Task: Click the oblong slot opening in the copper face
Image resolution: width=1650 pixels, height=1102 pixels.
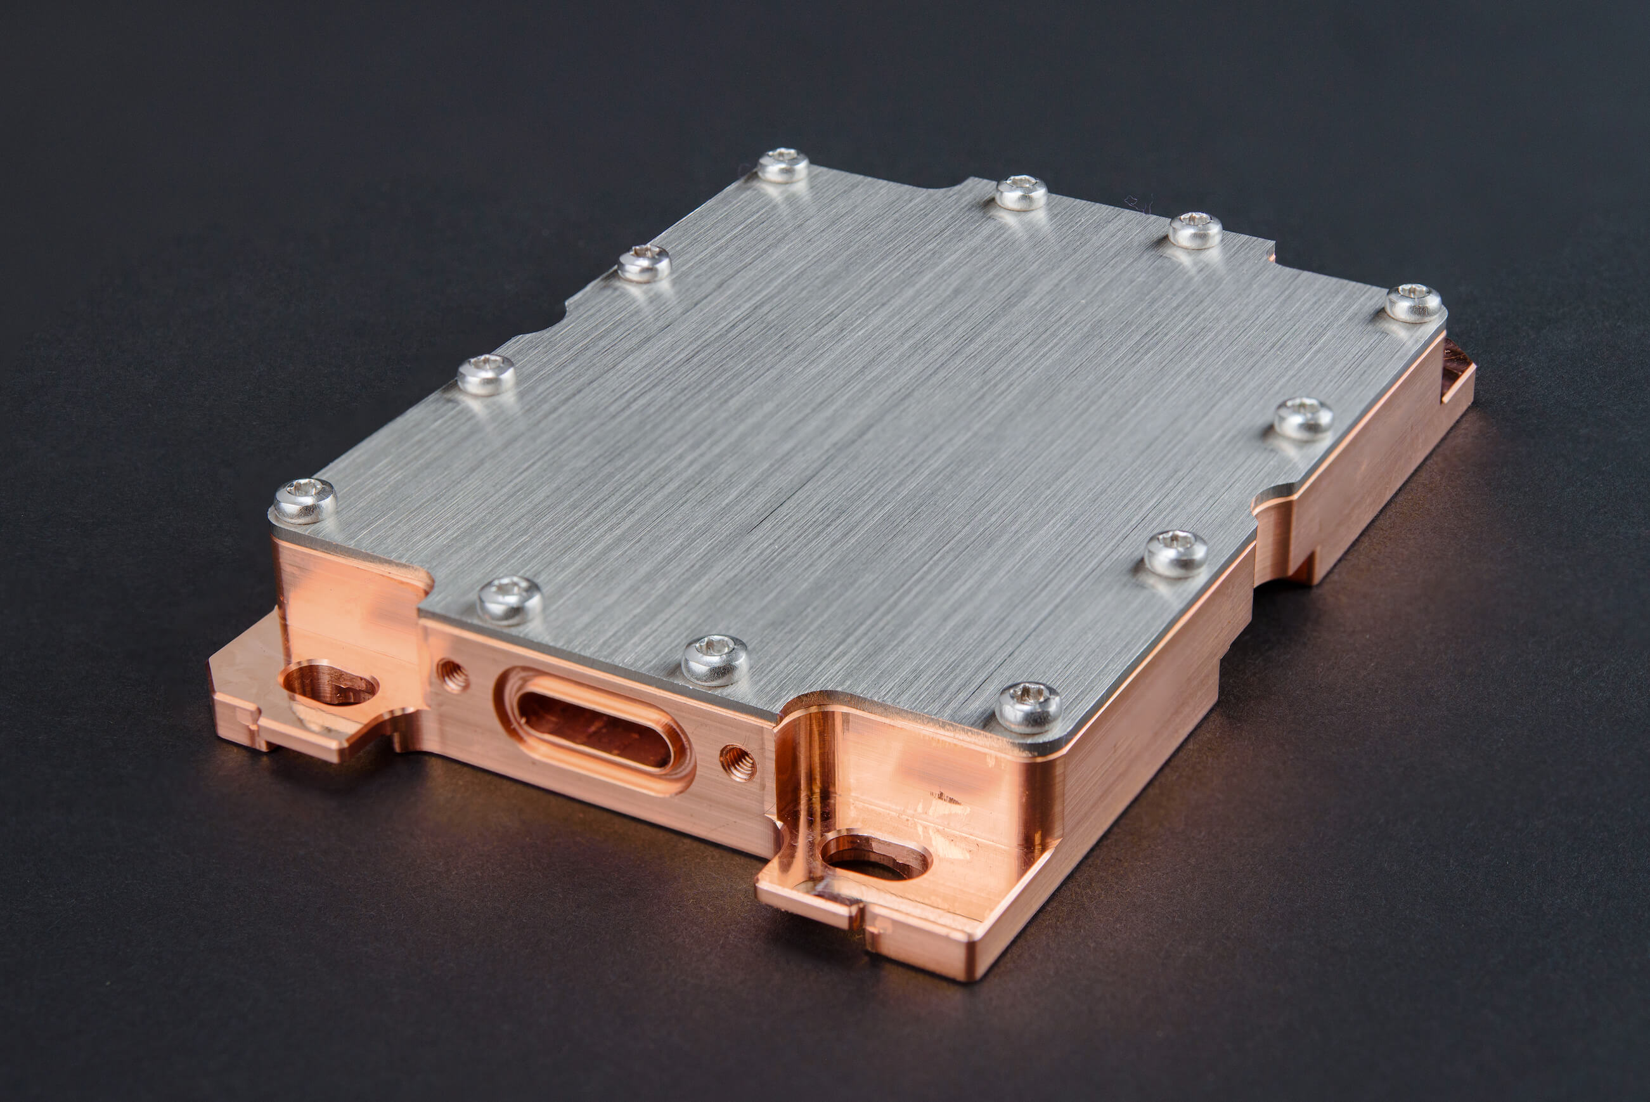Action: pyautogui.click(x=594, y=731)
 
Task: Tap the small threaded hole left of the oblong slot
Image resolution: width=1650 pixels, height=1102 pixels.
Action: pyautogui.click(x=453, y=675)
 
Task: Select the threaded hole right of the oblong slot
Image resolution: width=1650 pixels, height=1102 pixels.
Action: pyautogui.click(x=738, y=763)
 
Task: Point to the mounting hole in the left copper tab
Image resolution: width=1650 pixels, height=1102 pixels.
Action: pyautogui.click(x=329, y=683)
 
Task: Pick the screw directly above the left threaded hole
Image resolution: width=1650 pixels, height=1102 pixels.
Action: pyautogui.click(x=509, y=600)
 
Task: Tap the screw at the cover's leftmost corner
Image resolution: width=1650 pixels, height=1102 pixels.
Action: pyautogui.click(x=304, y=500)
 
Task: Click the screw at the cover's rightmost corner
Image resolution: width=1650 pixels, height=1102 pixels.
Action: pyautogui.click(x=1414, y=303)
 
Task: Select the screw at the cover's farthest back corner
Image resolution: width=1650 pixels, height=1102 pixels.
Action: pyautogui.click(x=782, y=165)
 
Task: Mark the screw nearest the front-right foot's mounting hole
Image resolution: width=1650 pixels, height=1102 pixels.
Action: pyautogui.click(x=1028, y=706)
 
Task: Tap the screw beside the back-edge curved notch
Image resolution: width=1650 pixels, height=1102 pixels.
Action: pyautogui.click(x=1021, y=193)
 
